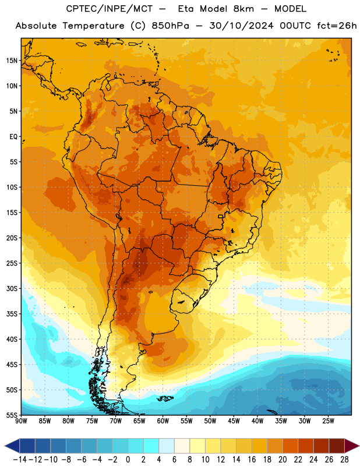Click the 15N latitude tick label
12,61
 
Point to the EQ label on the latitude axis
13,137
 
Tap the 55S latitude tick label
12,415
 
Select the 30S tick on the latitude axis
12,288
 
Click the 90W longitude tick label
21,421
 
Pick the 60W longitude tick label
163,421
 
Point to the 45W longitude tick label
234,421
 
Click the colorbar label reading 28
344,460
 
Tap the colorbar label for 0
128,460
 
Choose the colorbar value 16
252,460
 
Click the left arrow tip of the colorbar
5,446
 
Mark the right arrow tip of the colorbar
359,446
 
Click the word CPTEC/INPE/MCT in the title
110,9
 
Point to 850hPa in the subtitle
170,26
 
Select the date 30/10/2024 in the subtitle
241,26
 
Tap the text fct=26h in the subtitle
337,26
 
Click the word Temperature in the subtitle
93,26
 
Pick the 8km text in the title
243,9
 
